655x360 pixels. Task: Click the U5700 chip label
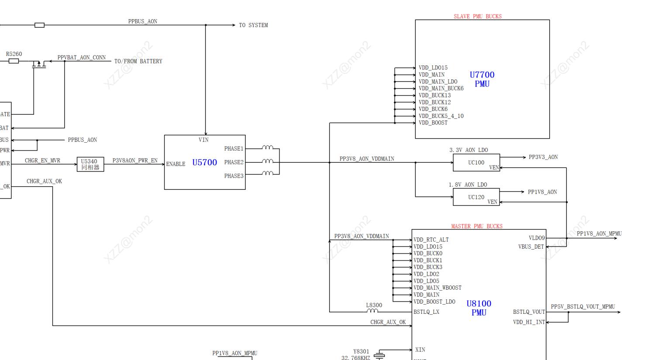tap(204, 163)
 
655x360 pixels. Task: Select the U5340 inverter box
tap(90, 165)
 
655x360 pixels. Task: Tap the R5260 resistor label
tap(14, 54)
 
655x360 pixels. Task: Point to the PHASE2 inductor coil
tap(268, 161)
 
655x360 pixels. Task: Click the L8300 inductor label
tap(374, 305)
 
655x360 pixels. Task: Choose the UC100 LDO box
tap(476, 162)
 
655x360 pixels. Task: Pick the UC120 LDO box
tap(476, 197)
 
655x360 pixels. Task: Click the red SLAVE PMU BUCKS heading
tap(477, 17)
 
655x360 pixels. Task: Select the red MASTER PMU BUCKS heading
tap(476, 226)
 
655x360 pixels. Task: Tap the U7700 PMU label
tap(482, 79)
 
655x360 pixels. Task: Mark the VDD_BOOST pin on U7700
tap(433, 123)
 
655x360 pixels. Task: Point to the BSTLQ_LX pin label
tap(426, 312)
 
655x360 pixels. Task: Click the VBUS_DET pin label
tap(531, 247)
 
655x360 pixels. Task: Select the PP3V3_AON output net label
tap(543, 157)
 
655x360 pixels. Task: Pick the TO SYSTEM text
tap(253, 25)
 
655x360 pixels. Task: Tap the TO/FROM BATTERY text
tap(138, 62)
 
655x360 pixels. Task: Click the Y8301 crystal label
tap(361, 351)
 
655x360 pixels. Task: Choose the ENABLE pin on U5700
tap(176, 164)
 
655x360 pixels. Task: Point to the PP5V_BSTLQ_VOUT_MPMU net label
tap(583, 307)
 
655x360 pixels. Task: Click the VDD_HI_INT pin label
tap(529, 322)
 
